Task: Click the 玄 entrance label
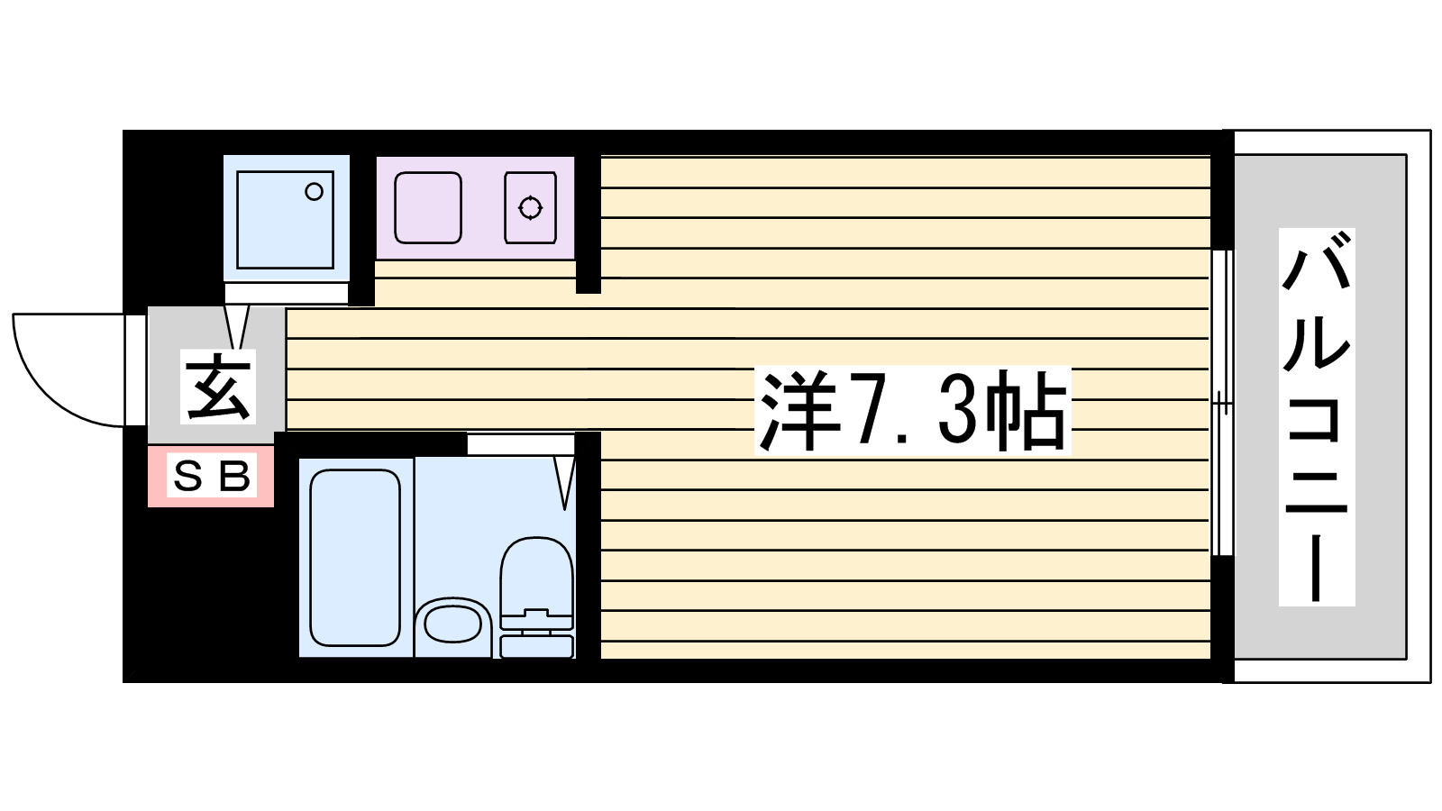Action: click(x=219, y=387)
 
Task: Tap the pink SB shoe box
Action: click(x=211, y=476)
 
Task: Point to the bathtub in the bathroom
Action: click(x=354, y=557)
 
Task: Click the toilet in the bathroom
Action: click(x=536, y=577)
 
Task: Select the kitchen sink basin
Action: click(x=428, y=208)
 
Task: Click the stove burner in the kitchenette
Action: click(x=530, y=208)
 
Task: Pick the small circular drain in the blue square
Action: click(x=314, y=192)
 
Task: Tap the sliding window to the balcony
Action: click(x=1221, y=402)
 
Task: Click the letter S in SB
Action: click(x=188, y=476)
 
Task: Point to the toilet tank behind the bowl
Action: click(x=536, y=645)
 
